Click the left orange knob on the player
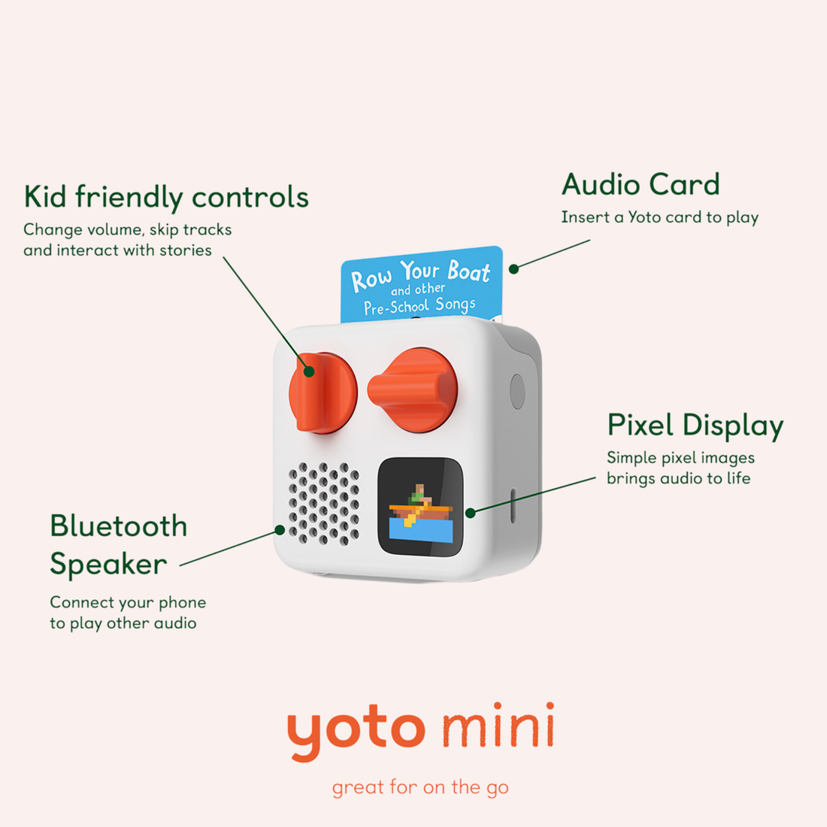(323, 392)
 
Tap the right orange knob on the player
(413, 389)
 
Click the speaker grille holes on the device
(324, 499)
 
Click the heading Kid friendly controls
(166, 197)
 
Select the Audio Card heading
(641, 185)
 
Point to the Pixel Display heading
(695, 426)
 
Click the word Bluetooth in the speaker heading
(119, 526)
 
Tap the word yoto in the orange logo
(356, 728)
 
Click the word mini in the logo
(498, 726)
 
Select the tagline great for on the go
(420, 787)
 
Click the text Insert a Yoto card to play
(659, 217)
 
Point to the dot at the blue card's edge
(513, 268)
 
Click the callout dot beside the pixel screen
(470, 513)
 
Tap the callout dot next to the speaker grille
(280, 530)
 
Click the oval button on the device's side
(517, 391)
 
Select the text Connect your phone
(128, 602)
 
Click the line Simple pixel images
(680, 458)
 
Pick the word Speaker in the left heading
(108, 565)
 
